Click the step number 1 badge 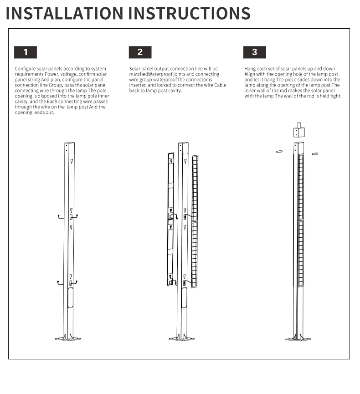click(26, 52)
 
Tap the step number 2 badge click(140, 52)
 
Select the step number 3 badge click(254, 52)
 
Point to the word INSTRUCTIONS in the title click(189, 13)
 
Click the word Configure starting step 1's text click(25, 69)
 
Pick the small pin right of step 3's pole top click(315, 154)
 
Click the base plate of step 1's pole click(68, 338)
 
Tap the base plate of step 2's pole click(182, 338)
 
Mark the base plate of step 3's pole click(298, 338)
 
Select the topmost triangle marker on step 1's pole click(71, 161)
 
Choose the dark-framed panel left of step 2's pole click(171, 219)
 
